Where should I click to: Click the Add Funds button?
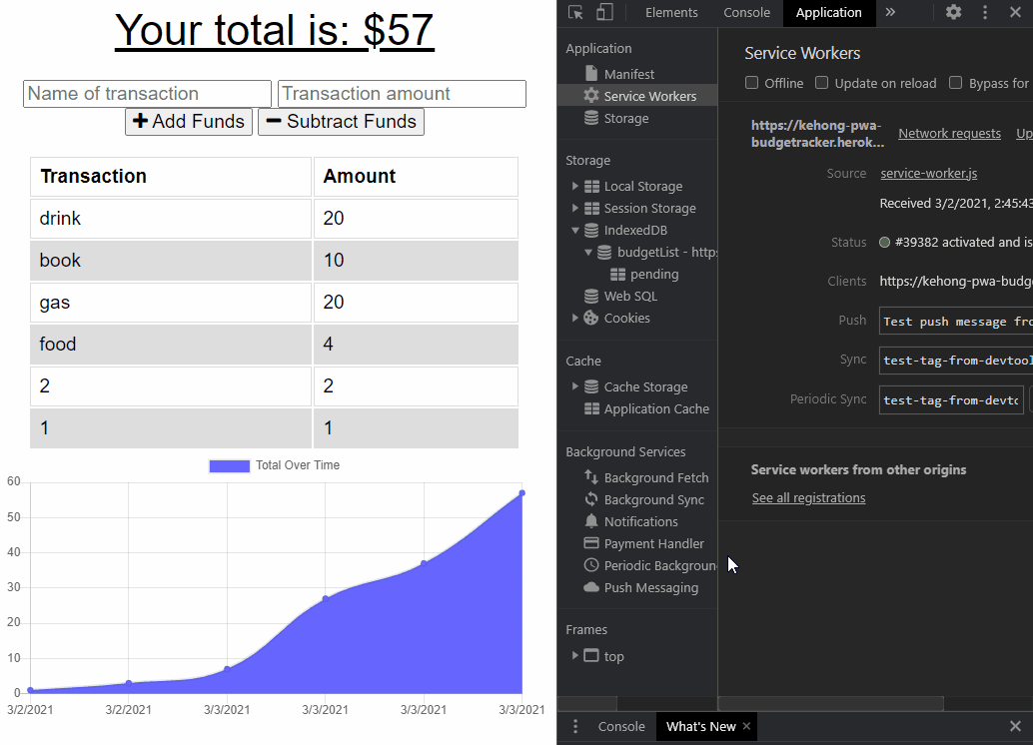pyautogui.click(x=189, y=122)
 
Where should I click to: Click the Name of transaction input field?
pyautogui.click(x=147, y=94)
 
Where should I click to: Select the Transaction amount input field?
pyautogui.click(x=402, y=94)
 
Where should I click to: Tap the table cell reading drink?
pyautogui.click(x=171, y=219)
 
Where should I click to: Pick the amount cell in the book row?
pyautogui.click(x=416, y=261)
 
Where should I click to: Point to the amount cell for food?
pyautogui.click(x=416, y=345)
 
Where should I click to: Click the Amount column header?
pyautogui.click(x=416, y=177)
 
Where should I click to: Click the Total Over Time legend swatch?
pyautogui.click(x=229, y=465)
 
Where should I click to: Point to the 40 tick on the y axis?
pyautogui.click(x=14, y=552)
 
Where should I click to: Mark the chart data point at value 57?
pyautogui.click(x=521, y=492)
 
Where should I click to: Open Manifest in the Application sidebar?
pyautogui.click(x=629, y=74)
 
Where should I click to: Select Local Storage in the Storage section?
pyautogui.click(x=642, y=187)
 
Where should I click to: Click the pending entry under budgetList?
pyautogui.click(x=654, y=275)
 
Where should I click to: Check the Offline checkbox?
pyautogui.click(x=752, y=83)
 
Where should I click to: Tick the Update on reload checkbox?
pyautogui.click(x=822, y=83)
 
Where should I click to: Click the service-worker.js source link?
pyautogui.click(x=928, y=174)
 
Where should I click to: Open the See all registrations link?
pyautogui.click(x=808, y=498)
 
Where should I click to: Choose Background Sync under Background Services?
pyautogui.click(x=653, y=500)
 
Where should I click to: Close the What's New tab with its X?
pyautogui.click(x=746, y=726)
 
